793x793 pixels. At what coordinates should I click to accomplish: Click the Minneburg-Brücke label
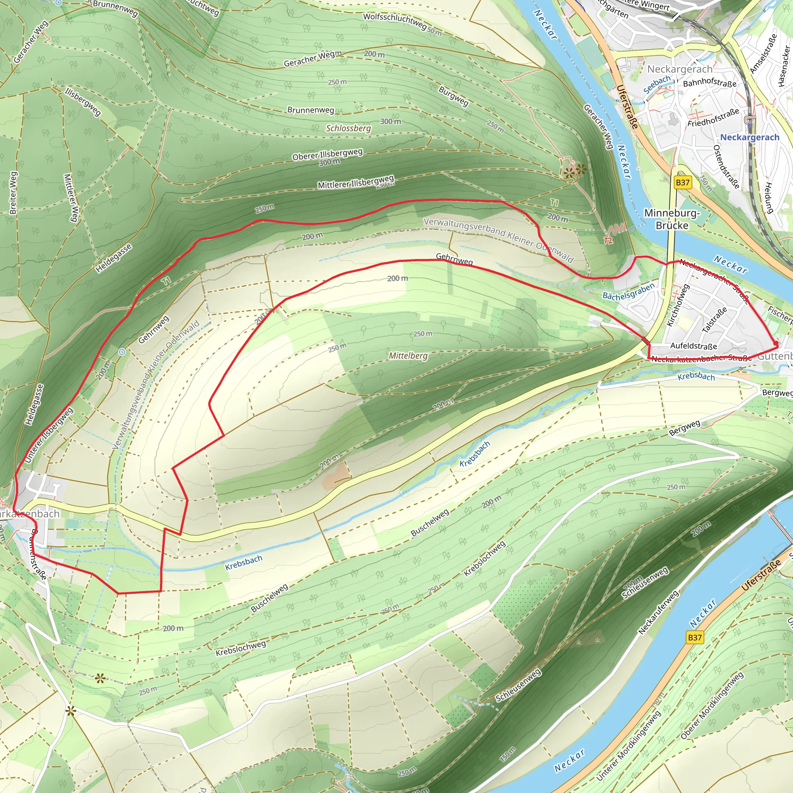671,219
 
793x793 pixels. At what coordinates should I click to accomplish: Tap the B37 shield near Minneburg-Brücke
683,183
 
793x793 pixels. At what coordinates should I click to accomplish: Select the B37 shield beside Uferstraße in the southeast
695,637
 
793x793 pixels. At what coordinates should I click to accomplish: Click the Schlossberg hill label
348,128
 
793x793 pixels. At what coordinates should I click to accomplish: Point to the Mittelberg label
408,355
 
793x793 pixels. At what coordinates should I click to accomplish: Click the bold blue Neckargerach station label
750,137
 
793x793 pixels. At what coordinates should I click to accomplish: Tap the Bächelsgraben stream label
628,292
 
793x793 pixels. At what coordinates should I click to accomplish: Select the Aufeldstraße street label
693,346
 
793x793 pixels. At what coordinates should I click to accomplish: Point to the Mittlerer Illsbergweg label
355,182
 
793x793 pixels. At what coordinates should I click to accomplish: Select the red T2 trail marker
608,240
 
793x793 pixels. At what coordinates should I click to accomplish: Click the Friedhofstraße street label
713,117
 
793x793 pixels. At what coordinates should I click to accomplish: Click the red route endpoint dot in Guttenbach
776,344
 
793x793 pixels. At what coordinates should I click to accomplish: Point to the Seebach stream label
657,84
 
